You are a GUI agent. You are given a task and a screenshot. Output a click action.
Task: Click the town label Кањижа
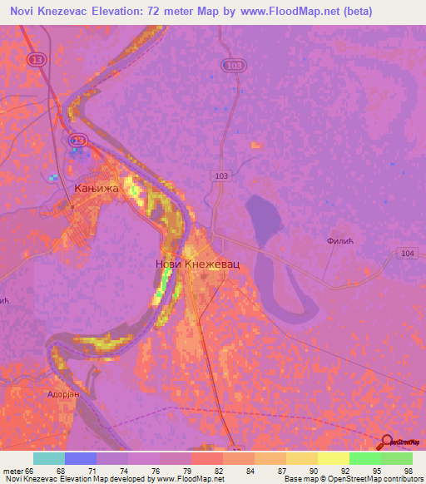[97, 189]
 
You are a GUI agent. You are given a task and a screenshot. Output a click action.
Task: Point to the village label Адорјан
[62, 394]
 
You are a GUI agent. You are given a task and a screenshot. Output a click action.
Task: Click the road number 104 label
[406, 253]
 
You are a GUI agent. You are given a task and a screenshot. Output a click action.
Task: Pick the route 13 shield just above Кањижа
[77, 141]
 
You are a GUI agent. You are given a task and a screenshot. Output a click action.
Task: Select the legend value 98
[408, 470]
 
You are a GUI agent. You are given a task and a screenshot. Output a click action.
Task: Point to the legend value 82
[218, 470]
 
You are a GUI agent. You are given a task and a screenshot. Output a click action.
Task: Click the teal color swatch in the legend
[49, 458]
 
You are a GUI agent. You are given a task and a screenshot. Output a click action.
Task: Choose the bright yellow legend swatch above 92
[334, 458]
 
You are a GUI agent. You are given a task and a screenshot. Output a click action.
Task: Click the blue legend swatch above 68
[81, 458]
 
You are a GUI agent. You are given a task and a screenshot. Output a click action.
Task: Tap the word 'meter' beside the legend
[13, 470]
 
